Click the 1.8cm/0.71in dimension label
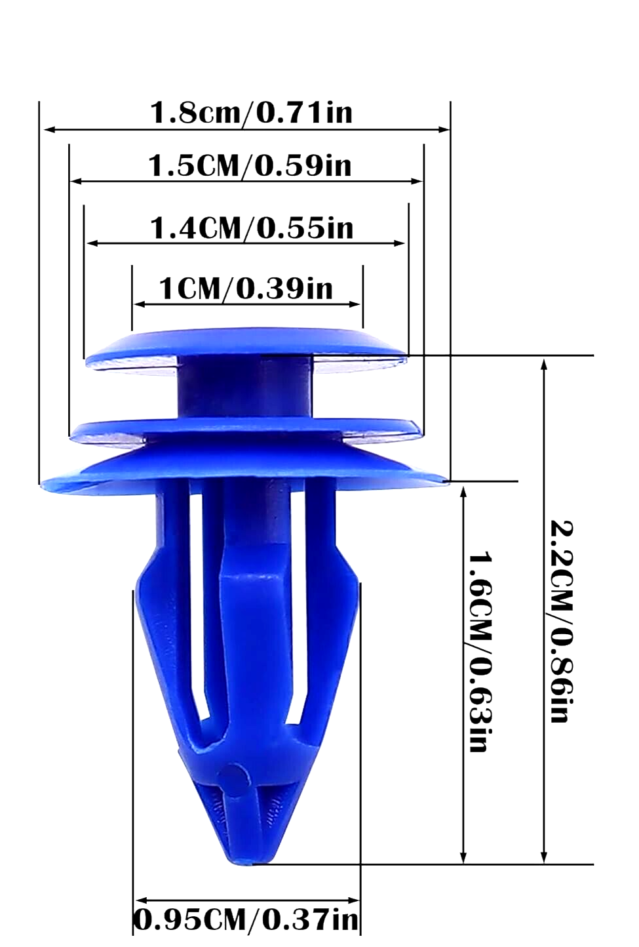click(x=251, y=112)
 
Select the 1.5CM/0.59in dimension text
click(x=250, y=165)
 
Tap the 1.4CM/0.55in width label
click(x=252, y=228)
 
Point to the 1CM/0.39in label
click(x=246, y=289)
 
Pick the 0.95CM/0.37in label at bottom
click(x=247, y=919)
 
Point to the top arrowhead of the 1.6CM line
click(x=463, y=492)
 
